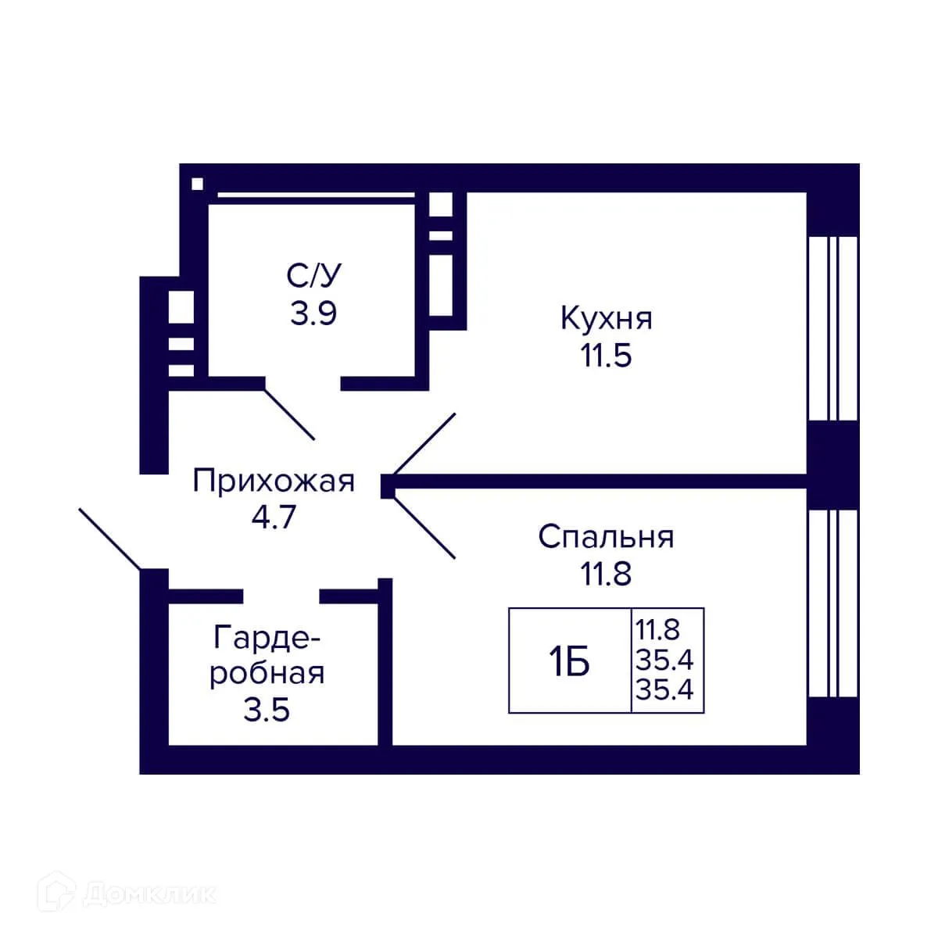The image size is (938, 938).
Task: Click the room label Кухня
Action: [606, 319]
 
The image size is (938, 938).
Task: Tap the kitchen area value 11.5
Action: [606, 356]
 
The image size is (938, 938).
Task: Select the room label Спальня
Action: [606, 537]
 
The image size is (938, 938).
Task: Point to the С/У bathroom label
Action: [314, 275]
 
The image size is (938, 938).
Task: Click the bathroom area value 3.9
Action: [314, 313]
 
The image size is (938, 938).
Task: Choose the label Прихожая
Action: [274, 481]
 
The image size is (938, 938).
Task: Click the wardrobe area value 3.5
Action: [267, 711]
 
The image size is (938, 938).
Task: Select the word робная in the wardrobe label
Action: [267, 673]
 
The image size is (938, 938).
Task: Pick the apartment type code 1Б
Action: [569, 663]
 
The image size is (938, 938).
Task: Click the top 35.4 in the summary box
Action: [664, 661]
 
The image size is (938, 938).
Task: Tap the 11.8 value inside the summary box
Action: [657, 628]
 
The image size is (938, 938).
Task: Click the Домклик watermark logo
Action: [129, 893]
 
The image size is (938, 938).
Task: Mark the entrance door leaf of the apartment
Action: [109, 539]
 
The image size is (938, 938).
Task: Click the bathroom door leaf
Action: [290, 414]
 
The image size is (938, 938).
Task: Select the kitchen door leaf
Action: [424, 444]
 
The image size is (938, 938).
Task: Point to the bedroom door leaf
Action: [426, 528]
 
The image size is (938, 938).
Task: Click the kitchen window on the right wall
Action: [832, 328]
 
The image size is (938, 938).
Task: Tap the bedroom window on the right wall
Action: [832, 603]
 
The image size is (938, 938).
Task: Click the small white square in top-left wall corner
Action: [197, 184]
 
